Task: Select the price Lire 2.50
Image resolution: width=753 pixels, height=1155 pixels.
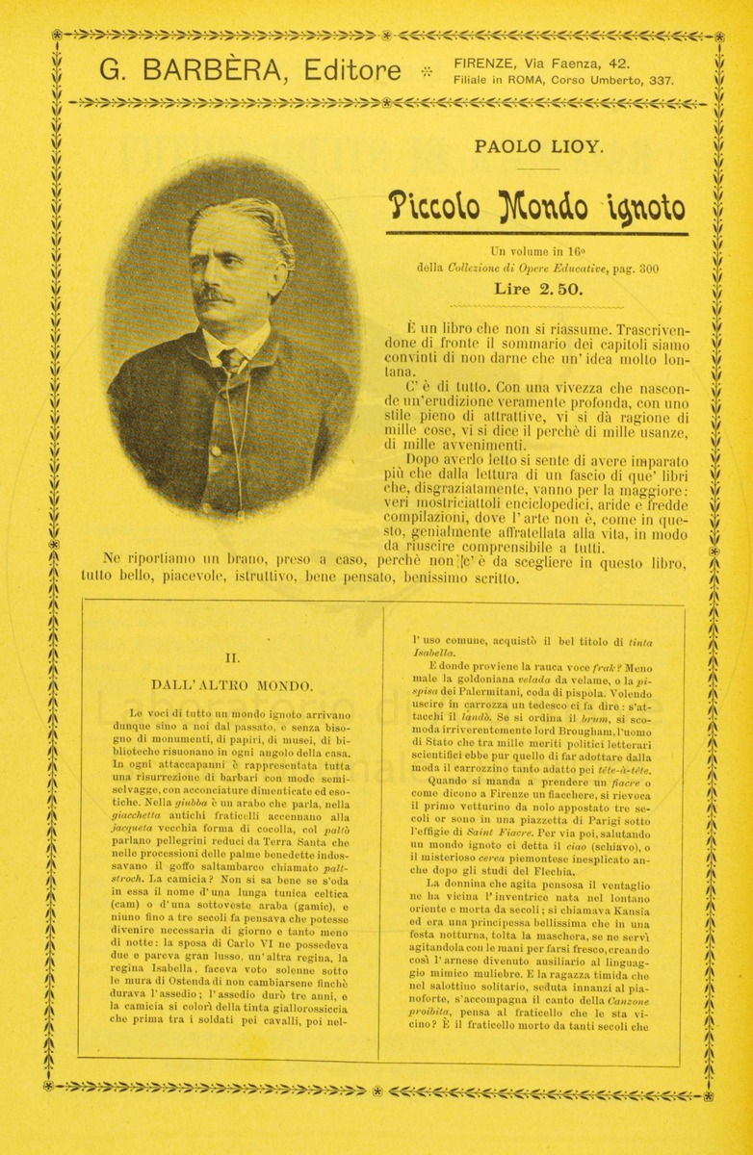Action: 537,288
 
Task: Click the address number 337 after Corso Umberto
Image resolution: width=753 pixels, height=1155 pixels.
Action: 661,82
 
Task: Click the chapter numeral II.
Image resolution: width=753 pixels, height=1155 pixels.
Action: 231,658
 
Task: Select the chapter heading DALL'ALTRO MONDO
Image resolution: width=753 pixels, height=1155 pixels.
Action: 231,685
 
